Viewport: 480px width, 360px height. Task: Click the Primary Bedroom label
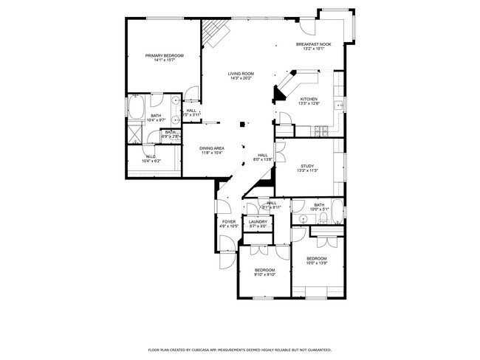[164, 55]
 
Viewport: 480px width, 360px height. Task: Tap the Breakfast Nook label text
[314, 44]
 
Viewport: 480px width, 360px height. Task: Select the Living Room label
[241, 74]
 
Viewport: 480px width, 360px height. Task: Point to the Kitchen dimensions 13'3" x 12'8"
[309, 104]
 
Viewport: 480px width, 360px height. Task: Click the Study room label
[307, 165]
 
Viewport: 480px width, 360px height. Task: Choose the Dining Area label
[213, 148]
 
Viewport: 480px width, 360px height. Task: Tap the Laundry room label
[258, 221]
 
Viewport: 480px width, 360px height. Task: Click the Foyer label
[229, 221]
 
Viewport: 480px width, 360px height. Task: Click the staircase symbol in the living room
[216, 32]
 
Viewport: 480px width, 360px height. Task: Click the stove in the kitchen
[323, 131]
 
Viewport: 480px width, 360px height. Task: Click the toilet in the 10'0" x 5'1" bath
[304, 219]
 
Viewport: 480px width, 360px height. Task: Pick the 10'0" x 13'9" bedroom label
[316, 258]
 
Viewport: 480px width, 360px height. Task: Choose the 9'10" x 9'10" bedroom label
[264, 271]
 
